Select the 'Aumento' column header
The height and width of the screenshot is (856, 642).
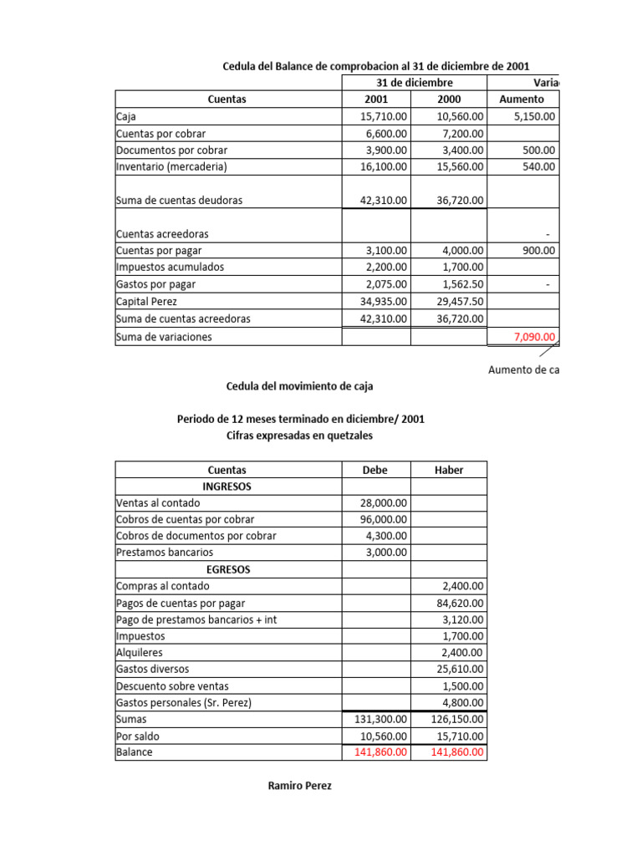pos(521,99)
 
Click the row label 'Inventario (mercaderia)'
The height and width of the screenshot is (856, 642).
pos(171,166)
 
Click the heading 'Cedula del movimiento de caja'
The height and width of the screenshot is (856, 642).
pos(300,386)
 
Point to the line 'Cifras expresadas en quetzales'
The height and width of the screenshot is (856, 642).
pos(300,436)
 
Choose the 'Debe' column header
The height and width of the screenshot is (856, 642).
pos(375,470)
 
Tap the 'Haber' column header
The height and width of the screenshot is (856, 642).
pos(448,470)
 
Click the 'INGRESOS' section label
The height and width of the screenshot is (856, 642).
pos(227,486)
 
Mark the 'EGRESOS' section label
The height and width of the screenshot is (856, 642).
pos(227,569)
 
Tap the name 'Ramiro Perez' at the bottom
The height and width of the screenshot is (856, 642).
pos(299,786)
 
